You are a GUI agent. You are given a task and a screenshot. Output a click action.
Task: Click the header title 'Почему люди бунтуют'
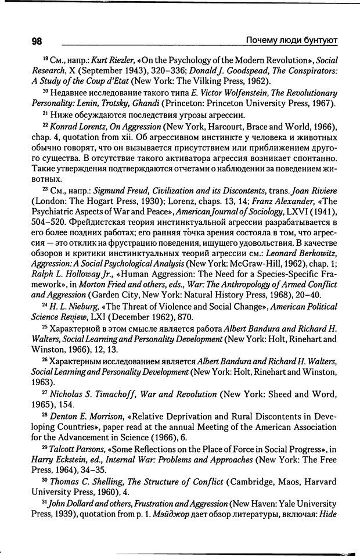[x=292, y=40]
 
